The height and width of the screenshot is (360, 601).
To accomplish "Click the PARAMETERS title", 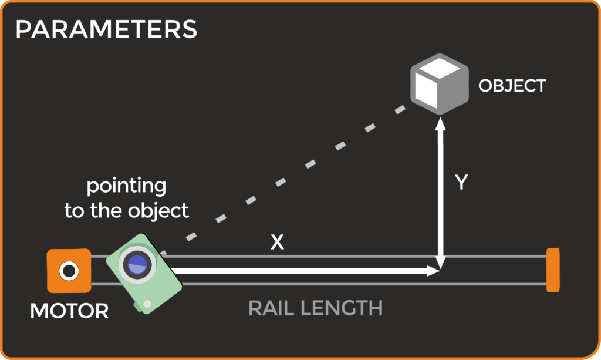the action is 106,29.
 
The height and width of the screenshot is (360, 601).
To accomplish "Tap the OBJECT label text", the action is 512,86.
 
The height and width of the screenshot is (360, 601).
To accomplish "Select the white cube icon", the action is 439,84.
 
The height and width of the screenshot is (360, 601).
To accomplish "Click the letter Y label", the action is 461,183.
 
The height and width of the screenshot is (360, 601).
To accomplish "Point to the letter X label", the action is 277,243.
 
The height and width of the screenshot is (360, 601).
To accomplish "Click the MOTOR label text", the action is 69,311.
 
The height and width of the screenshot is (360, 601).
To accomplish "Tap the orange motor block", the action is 69,271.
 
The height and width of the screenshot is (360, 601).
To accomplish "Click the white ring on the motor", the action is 69,271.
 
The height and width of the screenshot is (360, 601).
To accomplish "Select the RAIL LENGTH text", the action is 315,308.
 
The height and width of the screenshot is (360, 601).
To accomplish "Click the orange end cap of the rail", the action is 553,270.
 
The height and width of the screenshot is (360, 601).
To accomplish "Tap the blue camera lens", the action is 137,264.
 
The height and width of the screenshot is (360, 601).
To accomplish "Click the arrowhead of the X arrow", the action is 434,271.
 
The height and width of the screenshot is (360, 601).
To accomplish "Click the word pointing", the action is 127,187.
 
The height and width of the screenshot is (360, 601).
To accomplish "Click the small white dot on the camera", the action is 147,304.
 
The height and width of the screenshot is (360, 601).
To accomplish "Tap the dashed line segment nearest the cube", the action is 400,110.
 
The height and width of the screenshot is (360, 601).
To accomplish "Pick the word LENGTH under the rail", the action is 341,308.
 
